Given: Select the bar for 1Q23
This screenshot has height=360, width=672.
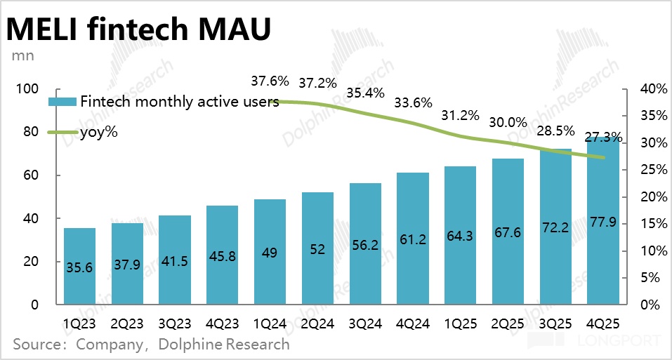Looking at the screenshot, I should [79, 267].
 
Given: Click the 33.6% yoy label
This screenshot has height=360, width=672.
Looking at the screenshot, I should [413, 102].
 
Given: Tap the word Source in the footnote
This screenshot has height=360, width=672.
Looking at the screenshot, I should [34, 344].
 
